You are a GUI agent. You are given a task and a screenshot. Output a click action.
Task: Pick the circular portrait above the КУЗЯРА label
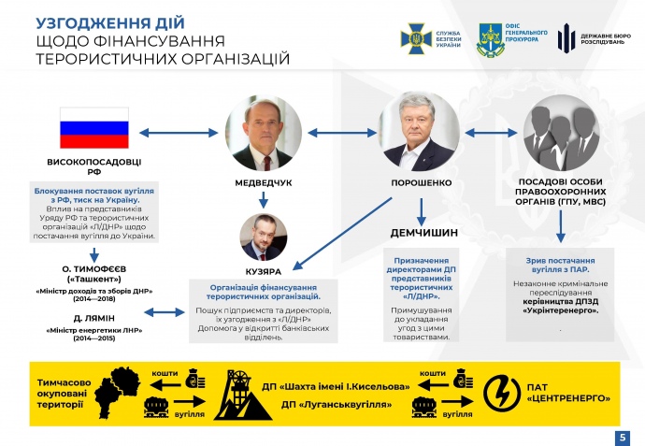point(265,237)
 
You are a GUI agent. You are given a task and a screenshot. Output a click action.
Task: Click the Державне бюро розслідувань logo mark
point(566,38)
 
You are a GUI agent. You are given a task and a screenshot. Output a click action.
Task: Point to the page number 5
point(623,437)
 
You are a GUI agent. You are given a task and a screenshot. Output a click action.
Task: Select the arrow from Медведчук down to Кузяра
point(265,198)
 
